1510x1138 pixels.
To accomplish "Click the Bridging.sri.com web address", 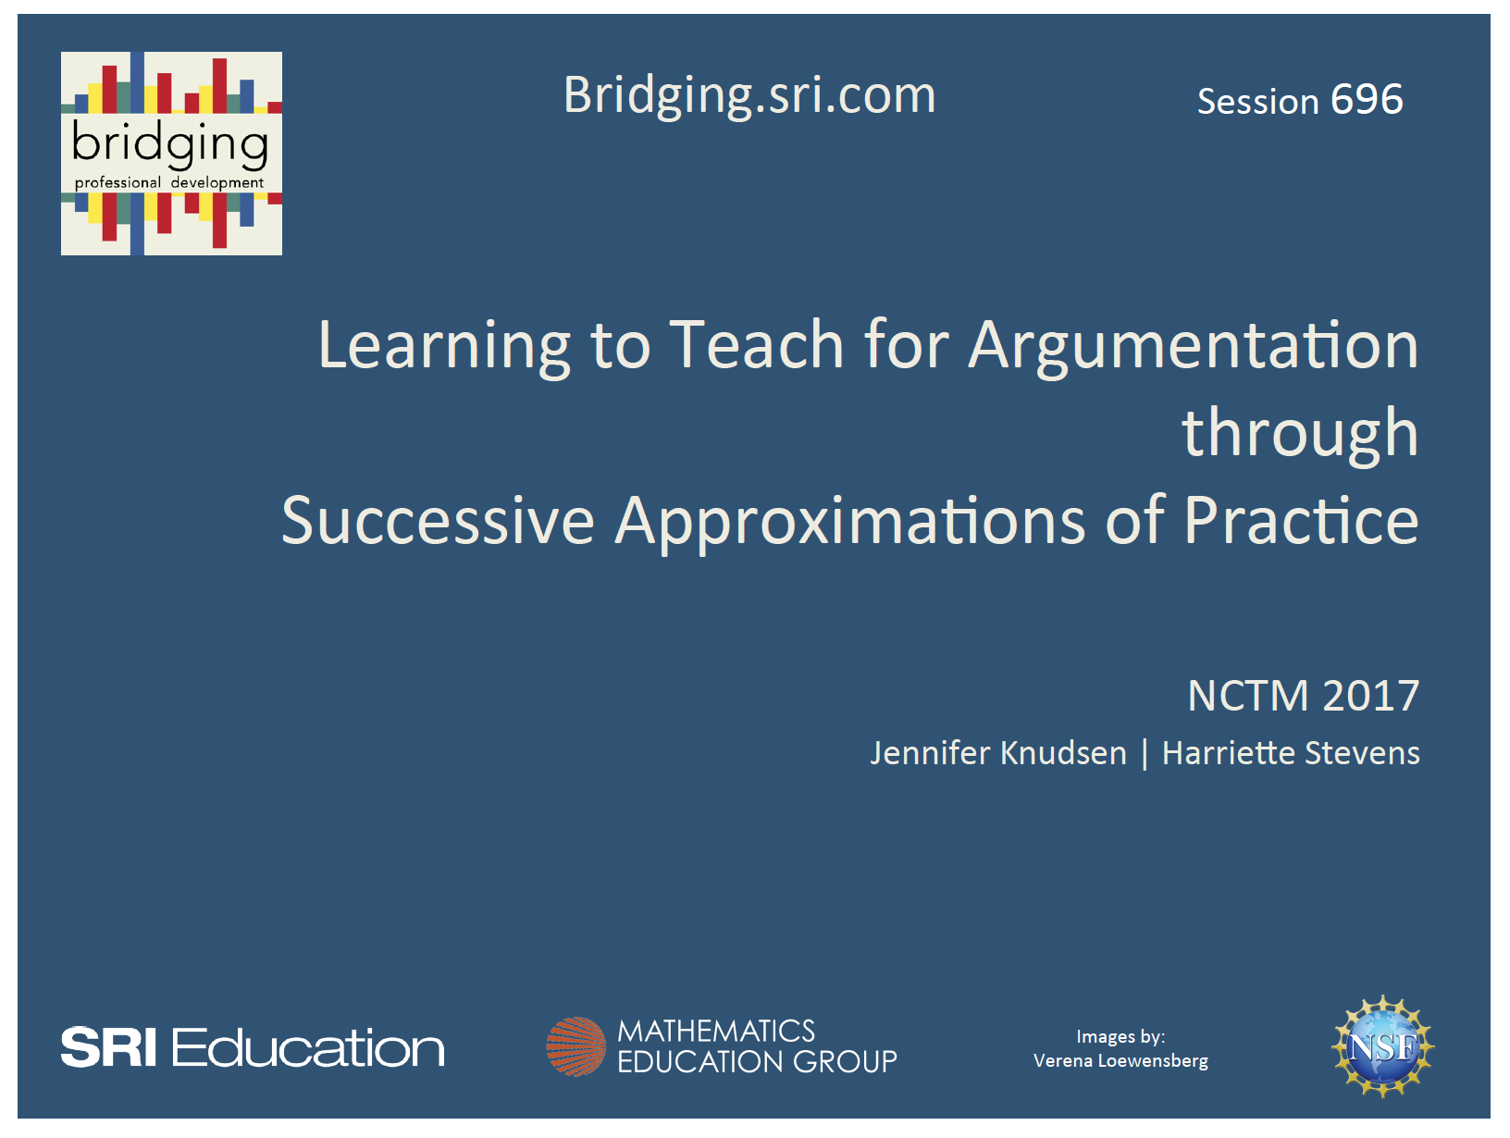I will [x=749, y=96].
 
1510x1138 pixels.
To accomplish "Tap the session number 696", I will [x=1367, y=100].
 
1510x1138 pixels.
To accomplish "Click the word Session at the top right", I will [x=1257, y=102].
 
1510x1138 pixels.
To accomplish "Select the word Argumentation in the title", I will [x=1193, y=345].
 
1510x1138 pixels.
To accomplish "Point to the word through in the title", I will [x=1300, y=433].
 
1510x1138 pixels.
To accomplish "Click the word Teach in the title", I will [x=757, y=345].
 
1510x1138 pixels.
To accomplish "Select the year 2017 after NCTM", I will [x=1371, y=696].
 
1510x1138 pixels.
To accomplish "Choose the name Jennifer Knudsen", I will [x=998, y=753].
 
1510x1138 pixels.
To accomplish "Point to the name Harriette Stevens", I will [x=1291, y=753].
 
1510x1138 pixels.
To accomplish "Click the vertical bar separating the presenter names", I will [x=1145, y=753].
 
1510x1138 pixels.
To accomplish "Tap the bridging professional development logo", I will [x=171, y=154].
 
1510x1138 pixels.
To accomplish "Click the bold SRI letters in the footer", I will [x=108, y=1048].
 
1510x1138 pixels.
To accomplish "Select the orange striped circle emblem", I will [x=576, y=1046].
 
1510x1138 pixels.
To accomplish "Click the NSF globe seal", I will [x=1382, y=1046].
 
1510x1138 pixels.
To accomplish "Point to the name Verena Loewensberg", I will [x=1120, y=1061].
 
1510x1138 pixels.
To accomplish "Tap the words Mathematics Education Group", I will [x=756, y=1046].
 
